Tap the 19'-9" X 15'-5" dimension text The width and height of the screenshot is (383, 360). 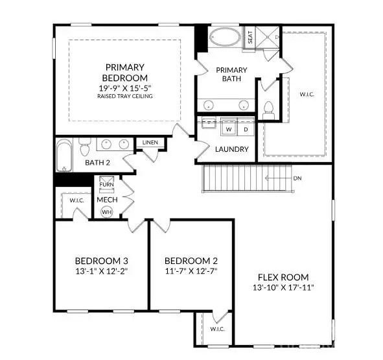[x=126, y=87]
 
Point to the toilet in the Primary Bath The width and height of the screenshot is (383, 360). [x=268, y=110]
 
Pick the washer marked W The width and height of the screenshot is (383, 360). [x=229, y=129]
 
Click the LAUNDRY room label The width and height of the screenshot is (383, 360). [x=231, y=149]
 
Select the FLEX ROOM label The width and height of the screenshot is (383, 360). [x=284, y=276]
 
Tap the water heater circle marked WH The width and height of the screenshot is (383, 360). [x=107, y=211]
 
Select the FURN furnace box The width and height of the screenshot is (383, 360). [x=107, y=184]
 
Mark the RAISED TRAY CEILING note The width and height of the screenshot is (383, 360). [x=126, y=97]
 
